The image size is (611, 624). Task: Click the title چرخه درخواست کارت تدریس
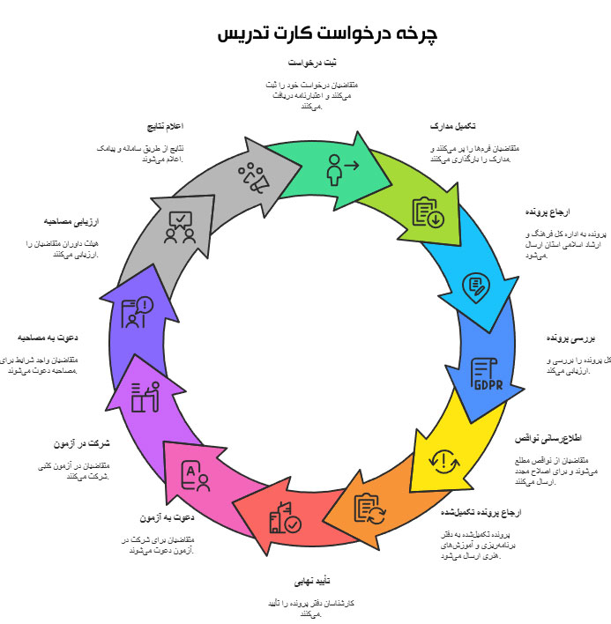coord(328,33)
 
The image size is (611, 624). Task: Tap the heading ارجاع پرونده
coord(548,212)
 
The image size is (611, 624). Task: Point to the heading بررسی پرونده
coord(571,338)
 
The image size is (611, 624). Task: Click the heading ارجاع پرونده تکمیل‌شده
coord(481,512)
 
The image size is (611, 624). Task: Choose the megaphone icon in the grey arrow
coord(253,177)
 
